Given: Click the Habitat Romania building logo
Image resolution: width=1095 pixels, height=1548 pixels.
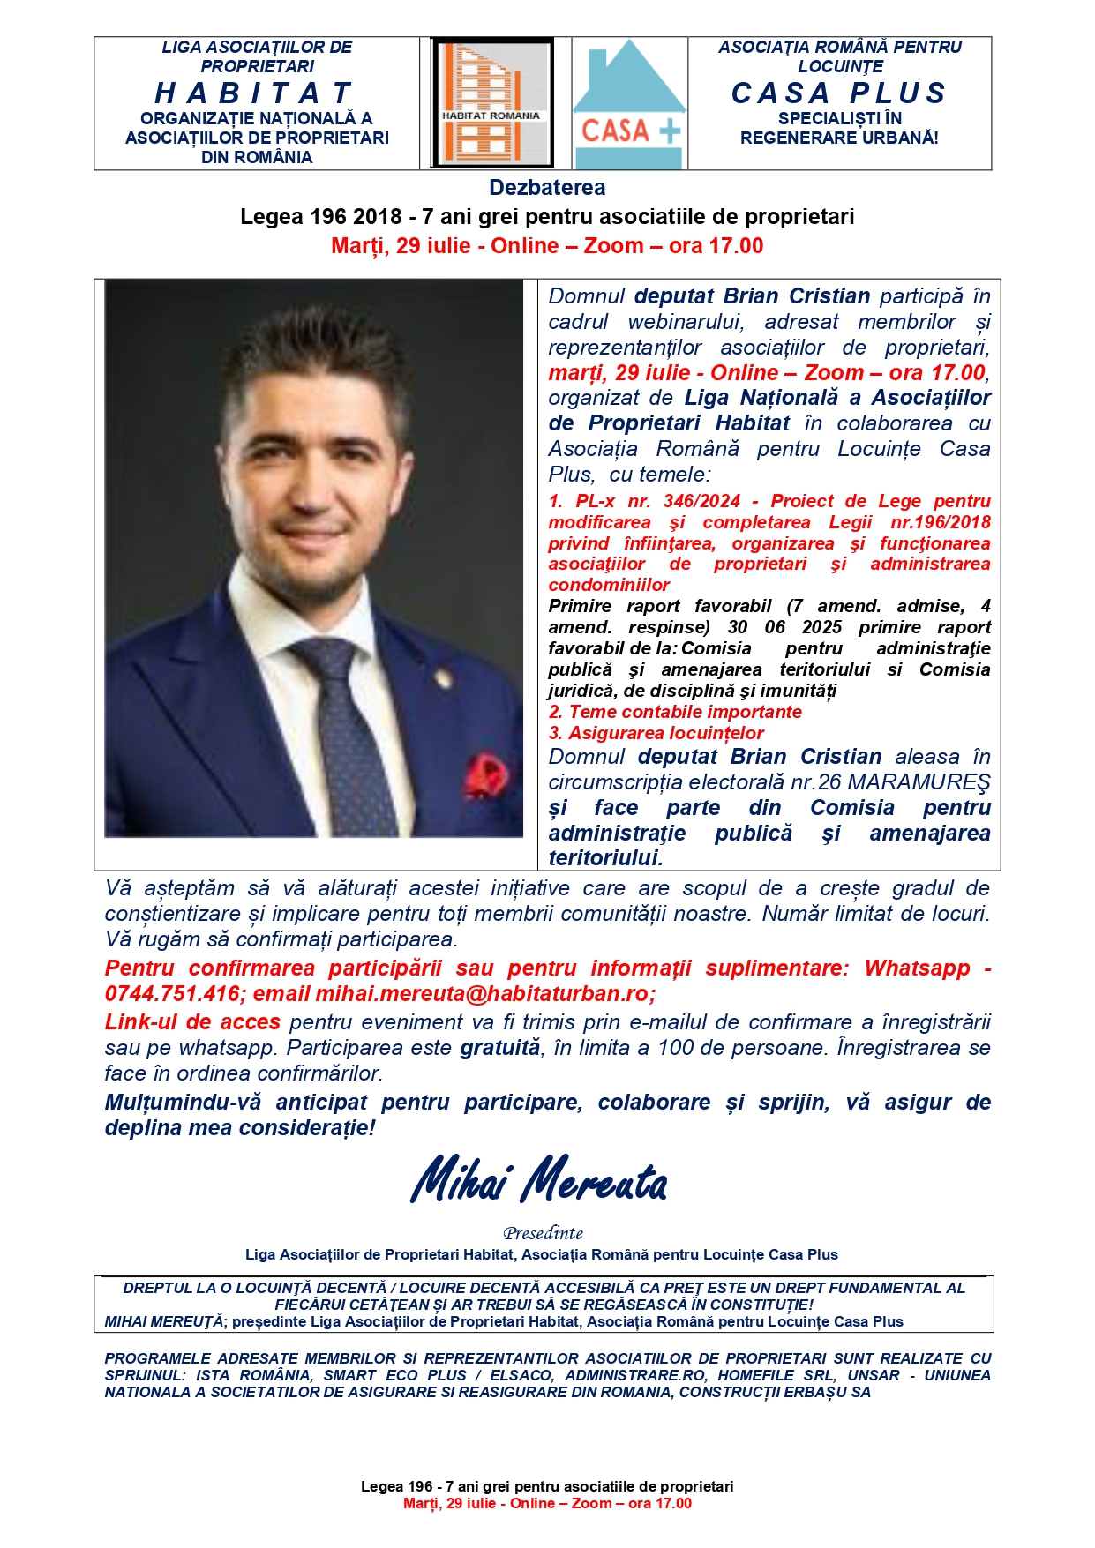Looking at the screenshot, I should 491,103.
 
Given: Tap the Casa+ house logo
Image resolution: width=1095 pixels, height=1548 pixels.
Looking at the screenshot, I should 629,103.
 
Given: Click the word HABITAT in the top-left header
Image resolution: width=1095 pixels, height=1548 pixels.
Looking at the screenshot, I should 255,93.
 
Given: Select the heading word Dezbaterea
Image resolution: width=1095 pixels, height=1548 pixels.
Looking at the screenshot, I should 547,188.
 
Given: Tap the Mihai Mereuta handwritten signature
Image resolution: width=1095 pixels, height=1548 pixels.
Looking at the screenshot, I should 539,1180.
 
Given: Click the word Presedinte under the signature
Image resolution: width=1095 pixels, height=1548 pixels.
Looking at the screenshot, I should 543,1233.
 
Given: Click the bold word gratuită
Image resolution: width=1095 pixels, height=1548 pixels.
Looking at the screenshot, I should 499,1048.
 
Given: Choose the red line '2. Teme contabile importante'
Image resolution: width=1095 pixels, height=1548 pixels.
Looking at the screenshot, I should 675,712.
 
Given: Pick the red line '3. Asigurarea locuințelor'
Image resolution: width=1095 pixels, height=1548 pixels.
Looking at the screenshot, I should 656,733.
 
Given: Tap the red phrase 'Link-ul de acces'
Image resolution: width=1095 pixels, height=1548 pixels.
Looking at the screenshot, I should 192,1022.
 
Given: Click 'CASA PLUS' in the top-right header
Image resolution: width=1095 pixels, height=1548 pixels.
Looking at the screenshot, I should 838,93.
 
